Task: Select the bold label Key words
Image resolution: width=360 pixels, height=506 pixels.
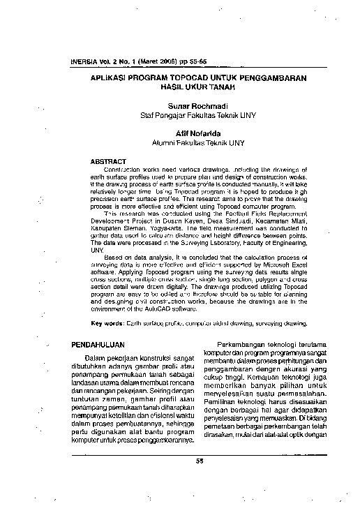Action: point(108,324)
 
